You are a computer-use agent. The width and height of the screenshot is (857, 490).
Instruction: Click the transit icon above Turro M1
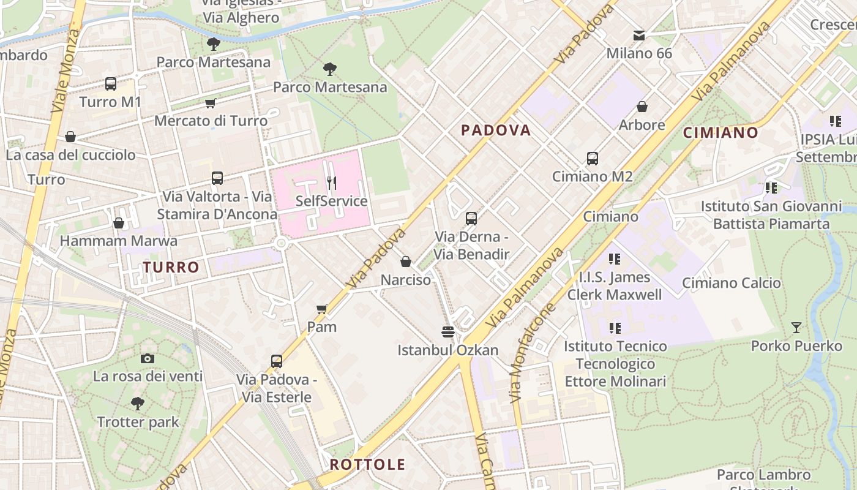[x=111, y=84]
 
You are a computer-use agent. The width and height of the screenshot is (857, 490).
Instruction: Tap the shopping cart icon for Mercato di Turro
[x=211, y=103]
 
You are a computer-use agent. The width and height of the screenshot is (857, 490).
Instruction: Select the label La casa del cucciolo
[x=70, y=155]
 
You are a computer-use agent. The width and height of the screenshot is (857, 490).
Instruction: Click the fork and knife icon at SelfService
[x=331, y=183]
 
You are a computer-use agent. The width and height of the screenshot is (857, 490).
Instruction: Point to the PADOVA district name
[x=496, y=130]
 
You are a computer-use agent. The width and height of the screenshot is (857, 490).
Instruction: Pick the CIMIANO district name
[x=720, y=132]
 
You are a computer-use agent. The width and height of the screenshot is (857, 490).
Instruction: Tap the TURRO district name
[x=171, y=267]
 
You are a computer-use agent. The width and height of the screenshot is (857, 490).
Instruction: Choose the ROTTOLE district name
[x=368, y=464]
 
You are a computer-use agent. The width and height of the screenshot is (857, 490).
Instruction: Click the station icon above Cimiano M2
[x=592, y=159]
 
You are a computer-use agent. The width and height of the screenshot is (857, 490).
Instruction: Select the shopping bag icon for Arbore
[x=642, y=107]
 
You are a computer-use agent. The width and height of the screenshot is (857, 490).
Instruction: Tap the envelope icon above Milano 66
[x=639, y=36]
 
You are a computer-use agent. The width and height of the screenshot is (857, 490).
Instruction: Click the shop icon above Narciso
[x=405, y=262]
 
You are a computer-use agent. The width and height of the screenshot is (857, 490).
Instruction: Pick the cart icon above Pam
[x=322, y=309]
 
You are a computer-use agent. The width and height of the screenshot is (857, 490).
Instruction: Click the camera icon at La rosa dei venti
[x=148, y=358]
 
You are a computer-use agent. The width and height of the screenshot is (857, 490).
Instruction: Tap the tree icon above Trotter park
[x=138, y=404]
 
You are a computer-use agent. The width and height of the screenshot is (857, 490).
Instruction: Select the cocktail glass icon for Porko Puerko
[x=796, y=328]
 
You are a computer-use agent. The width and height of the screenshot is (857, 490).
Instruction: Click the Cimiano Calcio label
[x=732, y=283]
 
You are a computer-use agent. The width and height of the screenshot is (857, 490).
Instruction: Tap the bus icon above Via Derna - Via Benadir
[x=471, y=219]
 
